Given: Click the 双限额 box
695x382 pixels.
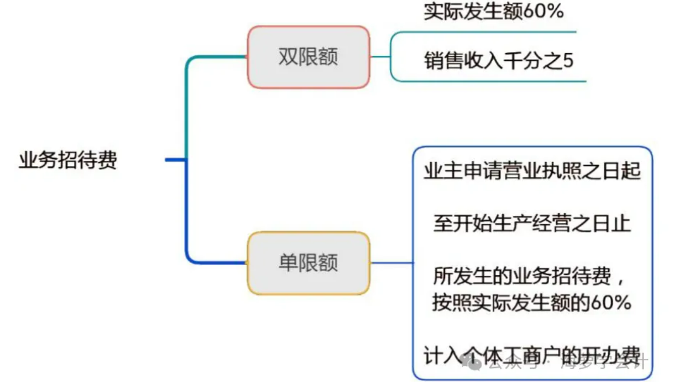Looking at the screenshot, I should pos(308,57).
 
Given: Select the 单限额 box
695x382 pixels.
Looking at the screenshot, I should pos(308,263).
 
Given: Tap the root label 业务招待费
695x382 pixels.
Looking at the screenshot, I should pos(68,161).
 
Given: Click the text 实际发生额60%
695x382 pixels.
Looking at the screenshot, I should pos(494,12).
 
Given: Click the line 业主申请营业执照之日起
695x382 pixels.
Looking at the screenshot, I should pos(532,171).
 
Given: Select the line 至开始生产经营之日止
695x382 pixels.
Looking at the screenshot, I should pos(532,224).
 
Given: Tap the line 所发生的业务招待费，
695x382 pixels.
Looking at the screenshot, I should pos(532,276).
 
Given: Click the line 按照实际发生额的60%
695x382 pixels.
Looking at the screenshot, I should pos(532,303).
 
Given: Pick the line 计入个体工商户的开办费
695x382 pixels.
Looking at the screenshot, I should pos(532,355).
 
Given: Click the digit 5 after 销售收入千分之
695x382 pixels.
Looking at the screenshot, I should pos(568,60).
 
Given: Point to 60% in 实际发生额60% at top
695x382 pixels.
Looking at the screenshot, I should pos(543,12).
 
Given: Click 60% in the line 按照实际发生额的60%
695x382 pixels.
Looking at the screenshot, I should pos(611,303).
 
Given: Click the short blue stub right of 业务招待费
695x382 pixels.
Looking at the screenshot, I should pos(175,160).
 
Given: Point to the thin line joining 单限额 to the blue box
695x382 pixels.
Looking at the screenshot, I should pos(391,262).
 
